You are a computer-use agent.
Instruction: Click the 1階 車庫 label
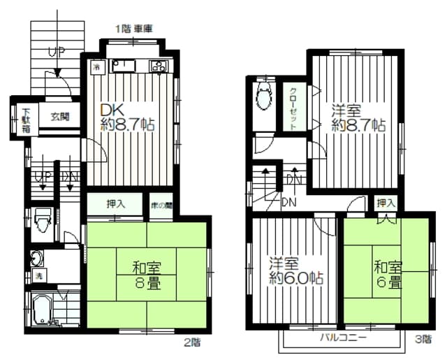(x=134, y=29)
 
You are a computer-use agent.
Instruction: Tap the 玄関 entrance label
(x=59, y=117)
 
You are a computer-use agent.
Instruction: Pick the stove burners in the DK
(x=158, y=66)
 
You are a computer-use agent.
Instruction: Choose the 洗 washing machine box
(x=38, y=273)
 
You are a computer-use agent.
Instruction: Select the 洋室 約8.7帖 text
(x=358, y=118)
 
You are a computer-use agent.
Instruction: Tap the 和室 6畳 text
(x=386, y=275)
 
